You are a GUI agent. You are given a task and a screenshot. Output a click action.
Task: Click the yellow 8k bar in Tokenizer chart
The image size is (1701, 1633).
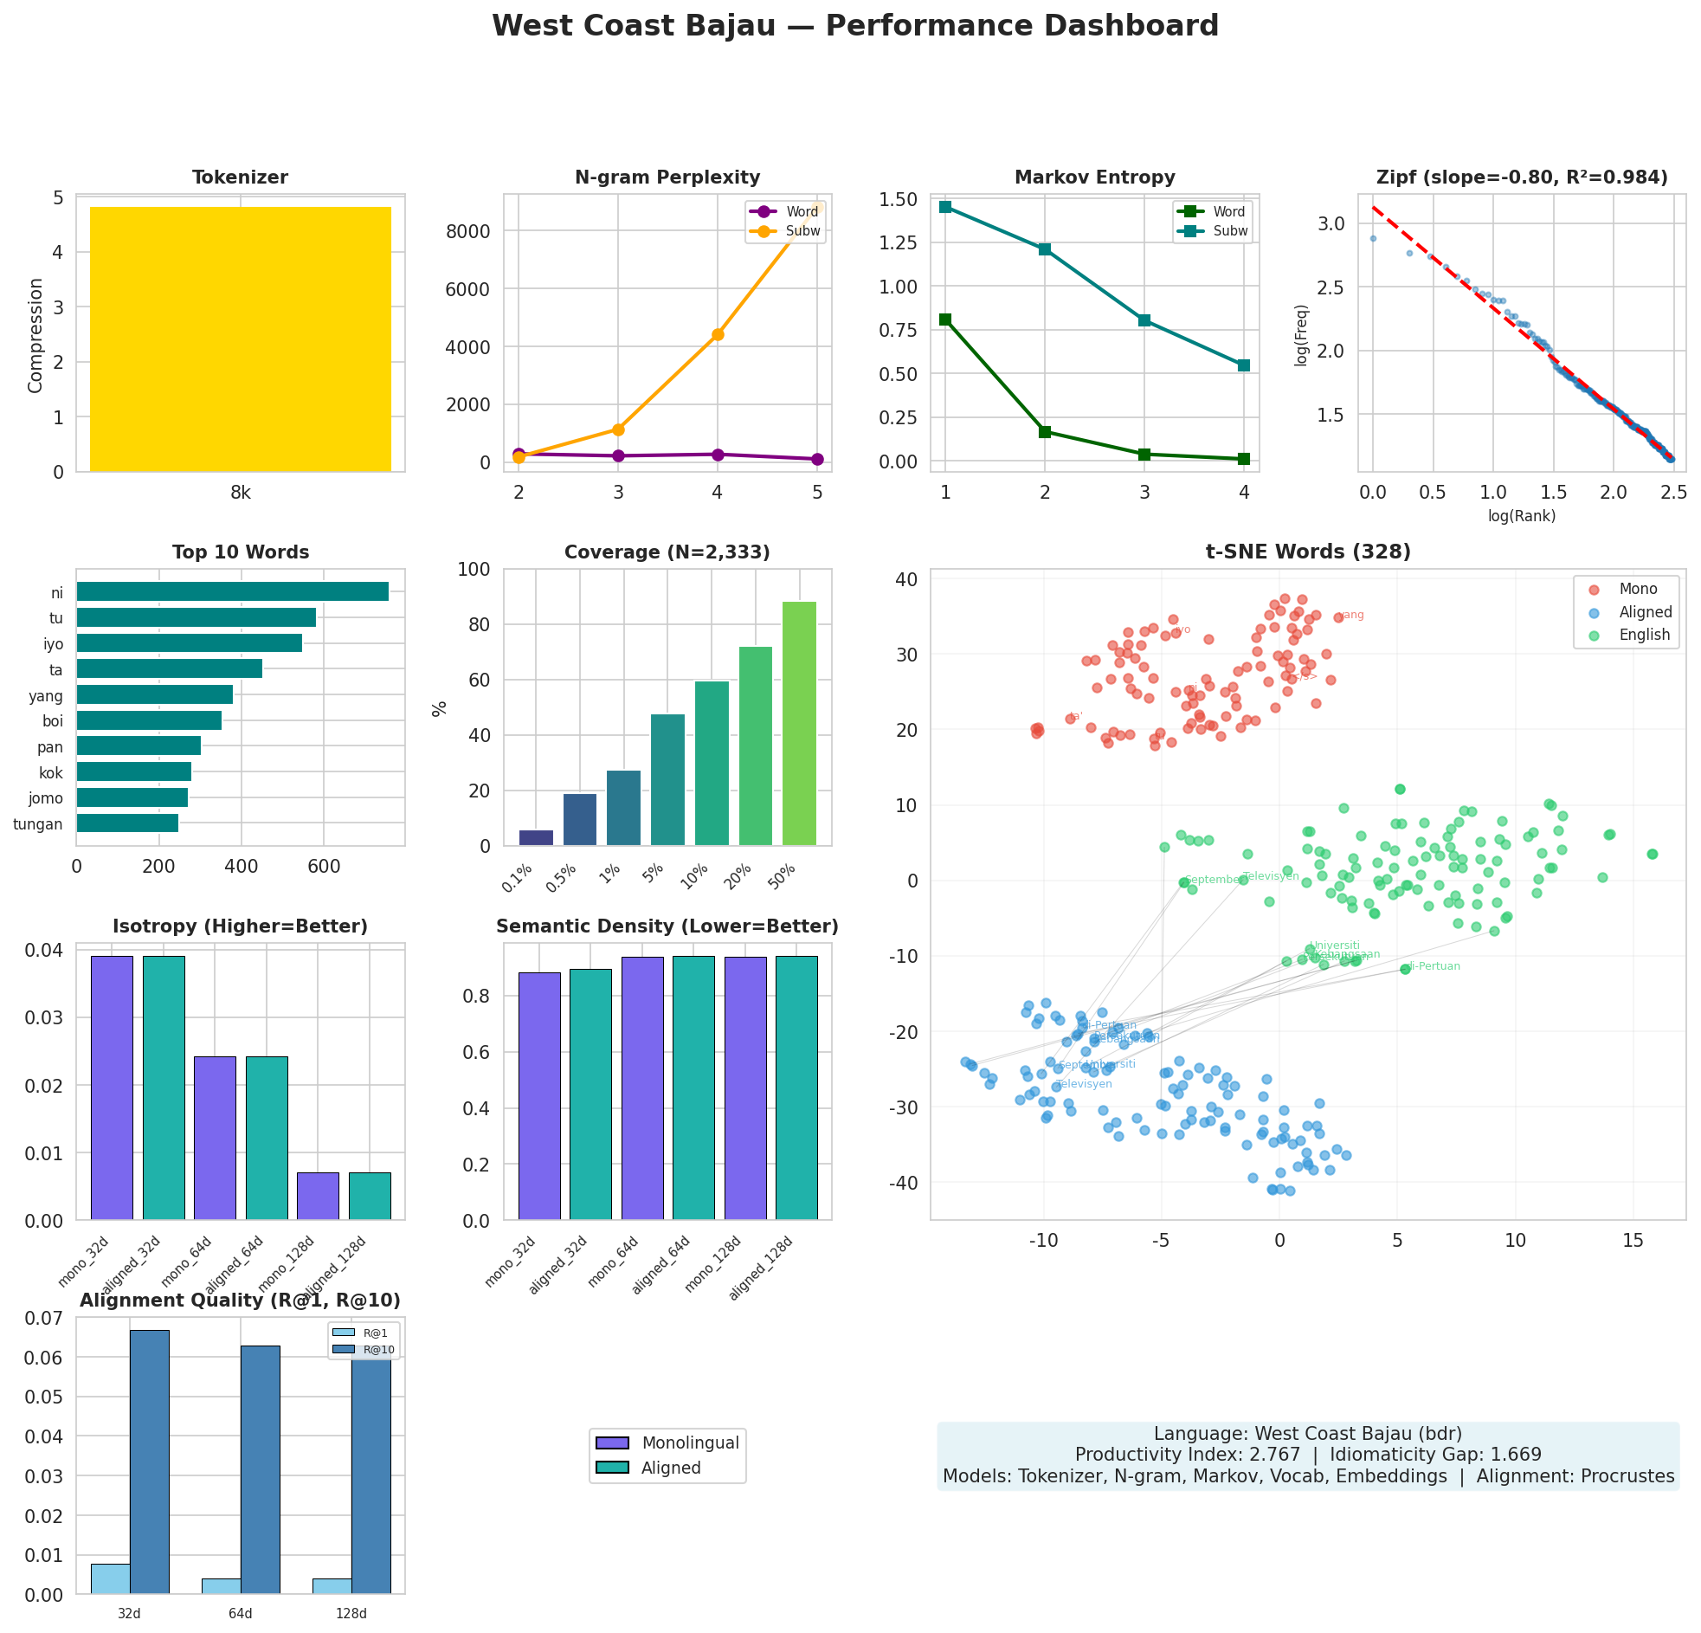point(241,339)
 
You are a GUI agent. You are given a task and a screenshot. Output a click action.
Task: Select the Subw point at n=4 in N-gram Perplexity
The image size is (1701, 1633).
point(718,334)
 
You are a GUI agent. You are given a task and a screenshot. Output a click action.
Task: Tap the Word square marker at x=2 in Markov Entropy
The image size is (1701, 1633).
point(1045,431)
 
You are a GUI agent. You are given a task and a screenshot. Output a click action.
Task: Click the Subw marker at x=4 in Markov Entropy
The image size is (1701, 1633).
point(1244,365)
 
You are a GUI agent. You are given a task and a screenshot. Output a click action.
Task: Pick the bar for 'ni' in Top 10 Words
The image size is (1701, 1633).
point(233,592)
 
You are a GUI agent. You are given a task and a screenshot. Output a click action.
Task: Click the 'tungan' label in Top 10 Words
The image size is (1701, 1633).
point(38,824)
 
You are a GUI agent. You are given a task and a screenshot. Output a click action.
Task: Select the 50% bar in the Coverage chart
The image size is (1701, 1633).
point(799,723)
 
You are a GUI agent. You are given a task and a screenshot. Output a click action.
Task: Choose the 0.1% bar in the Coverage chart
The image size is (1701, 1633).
point(536,838)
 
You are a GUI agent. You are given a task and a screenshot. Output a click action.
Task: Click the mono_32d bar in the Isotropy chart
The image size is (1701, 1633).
point(112,1087)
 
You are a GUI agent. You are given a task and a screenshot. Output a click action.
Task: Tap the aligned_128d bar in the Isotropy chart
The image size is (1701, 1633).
point(370,1196)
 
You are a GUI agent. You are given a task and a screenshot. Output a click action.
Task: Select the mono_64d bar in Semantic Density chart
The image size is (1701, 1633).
point(642,1088)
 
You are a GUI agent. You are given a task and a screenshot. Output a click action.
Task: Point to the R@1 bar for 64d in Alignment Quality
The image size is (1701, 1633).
point(222,1585)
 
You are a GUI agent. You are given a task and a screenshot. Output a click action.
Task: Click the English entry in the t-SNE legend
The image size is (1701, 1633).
point(1644,635)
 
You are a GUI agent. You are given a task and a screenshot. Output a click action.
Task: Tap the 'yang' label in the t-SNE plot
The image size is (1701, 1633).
point(1351,616)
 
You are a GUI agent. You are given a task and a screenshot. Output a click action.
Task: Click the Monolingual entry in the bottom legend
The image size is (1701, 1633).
point(690,1443)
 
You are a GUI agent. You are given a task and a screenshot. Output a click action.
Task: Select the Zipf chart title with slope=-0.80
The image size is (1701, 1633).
point(1521,178)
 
